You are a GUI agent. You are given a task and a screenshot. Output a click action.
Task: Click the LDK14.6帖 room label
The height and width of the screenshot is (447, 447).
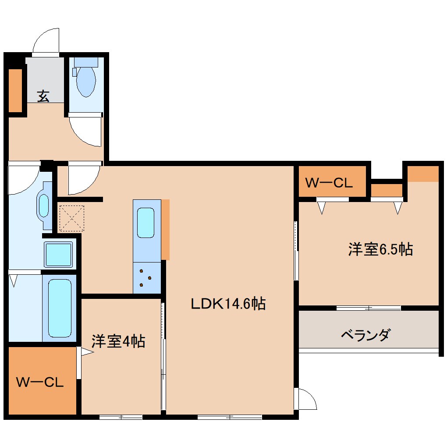coord(228,303)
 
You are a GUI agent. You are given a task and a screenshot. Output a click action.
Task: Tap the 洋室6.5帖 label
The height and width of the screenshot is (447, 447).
coord(380,249)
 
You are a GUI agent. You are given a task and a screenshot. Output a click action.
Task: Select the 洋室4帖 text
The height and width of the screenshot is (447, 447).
coord(118,341)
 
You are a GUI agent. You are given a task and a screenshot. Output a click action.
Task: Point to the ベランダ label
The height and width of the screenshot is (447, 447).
coord(365,336)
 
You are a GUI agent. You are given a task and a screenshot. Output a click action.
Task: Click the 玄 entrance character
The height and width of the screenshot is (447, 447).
coord(43,96)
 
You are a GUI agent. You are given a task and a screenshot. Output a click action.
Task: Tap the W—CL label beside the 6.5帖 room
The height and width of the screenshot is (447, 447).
coord(329,183)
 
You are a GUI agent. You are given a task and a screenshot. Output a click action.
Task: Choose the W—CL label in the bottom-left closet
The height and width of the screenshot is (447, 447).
coord(40,382)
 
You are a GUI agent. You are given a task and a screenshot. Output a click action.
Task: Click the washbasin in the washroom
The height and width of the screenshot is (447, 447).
coord(44,205)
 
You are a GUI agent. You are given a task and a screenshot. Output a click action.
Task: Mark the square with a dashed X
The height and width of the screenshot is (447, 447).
coord(71,218)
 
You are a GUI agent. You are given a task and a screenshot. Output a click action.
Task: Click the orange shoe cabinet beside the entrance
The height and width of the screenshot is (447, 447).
coord(16,90)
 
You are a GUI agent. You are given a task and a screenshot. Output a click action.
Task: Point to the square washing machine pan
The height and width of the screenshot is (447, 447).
coord(58,254)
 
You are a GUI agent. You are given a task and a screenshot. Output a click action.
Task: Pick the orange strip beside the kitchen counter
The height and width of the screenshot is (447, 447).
coord(165,230)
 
